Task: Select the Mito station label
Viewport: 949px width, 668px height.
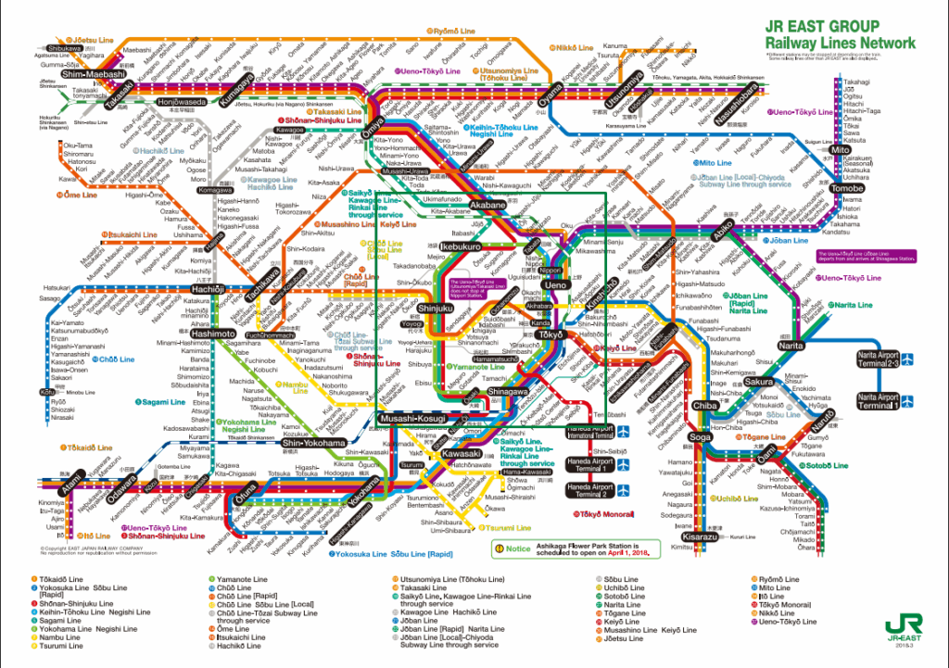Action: click(x=841, y=149)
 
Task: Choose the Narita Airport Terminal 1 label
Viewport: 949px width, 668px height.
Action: click(x=877, y=401)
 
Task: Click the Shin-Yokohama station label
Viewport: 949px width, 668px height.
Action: click(x=314, y=443)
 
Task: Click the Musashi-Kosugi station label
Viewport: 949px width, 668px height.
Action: click(x=411, y=420)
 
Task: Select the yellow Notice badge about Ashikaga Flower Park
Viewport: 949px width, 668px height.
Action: click(x=511, y=548)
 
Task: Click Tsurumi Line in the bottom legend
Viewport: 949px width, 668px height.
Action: click(x=63, y=646)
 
